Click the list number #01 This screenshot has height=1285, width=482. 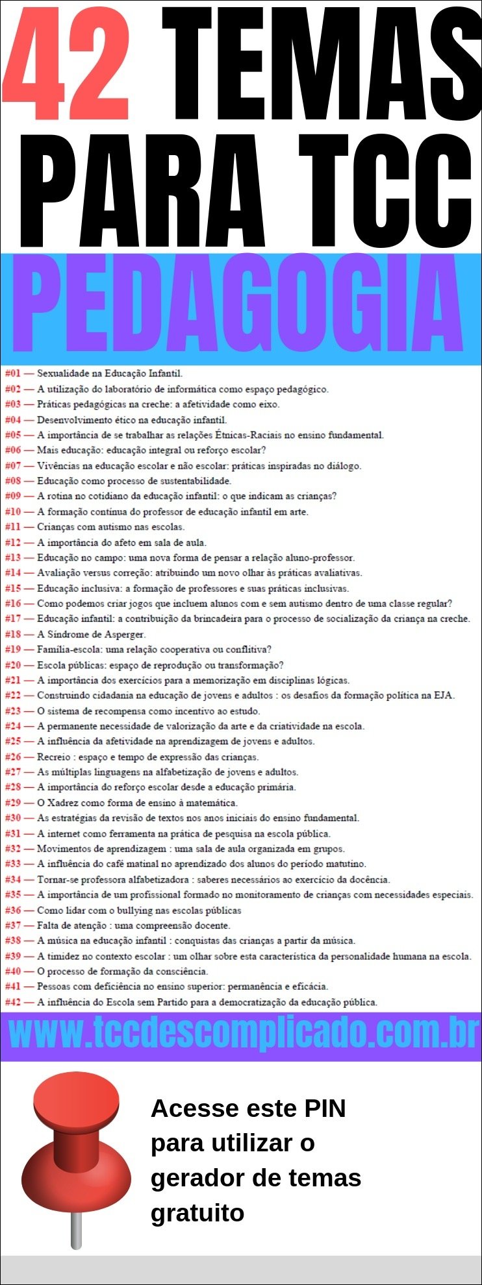13,374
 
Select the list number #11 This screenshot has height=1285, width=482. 13,527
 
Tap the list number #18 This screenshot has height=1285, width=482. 13,634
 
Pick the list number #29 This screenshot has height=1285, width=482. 13,803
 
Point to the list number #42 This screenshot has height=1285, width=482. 13,1002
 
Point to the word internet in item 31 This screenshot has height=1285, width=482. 64,833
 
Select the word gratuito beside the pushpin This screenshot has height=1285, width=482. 197,1212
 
